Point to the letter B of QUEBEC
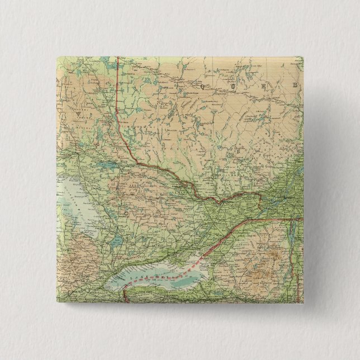[292, 86]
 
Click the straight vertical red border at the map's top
[118, 84]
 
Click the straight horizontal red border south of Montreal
[268, 219]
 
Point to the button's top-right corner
[303, 57]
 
